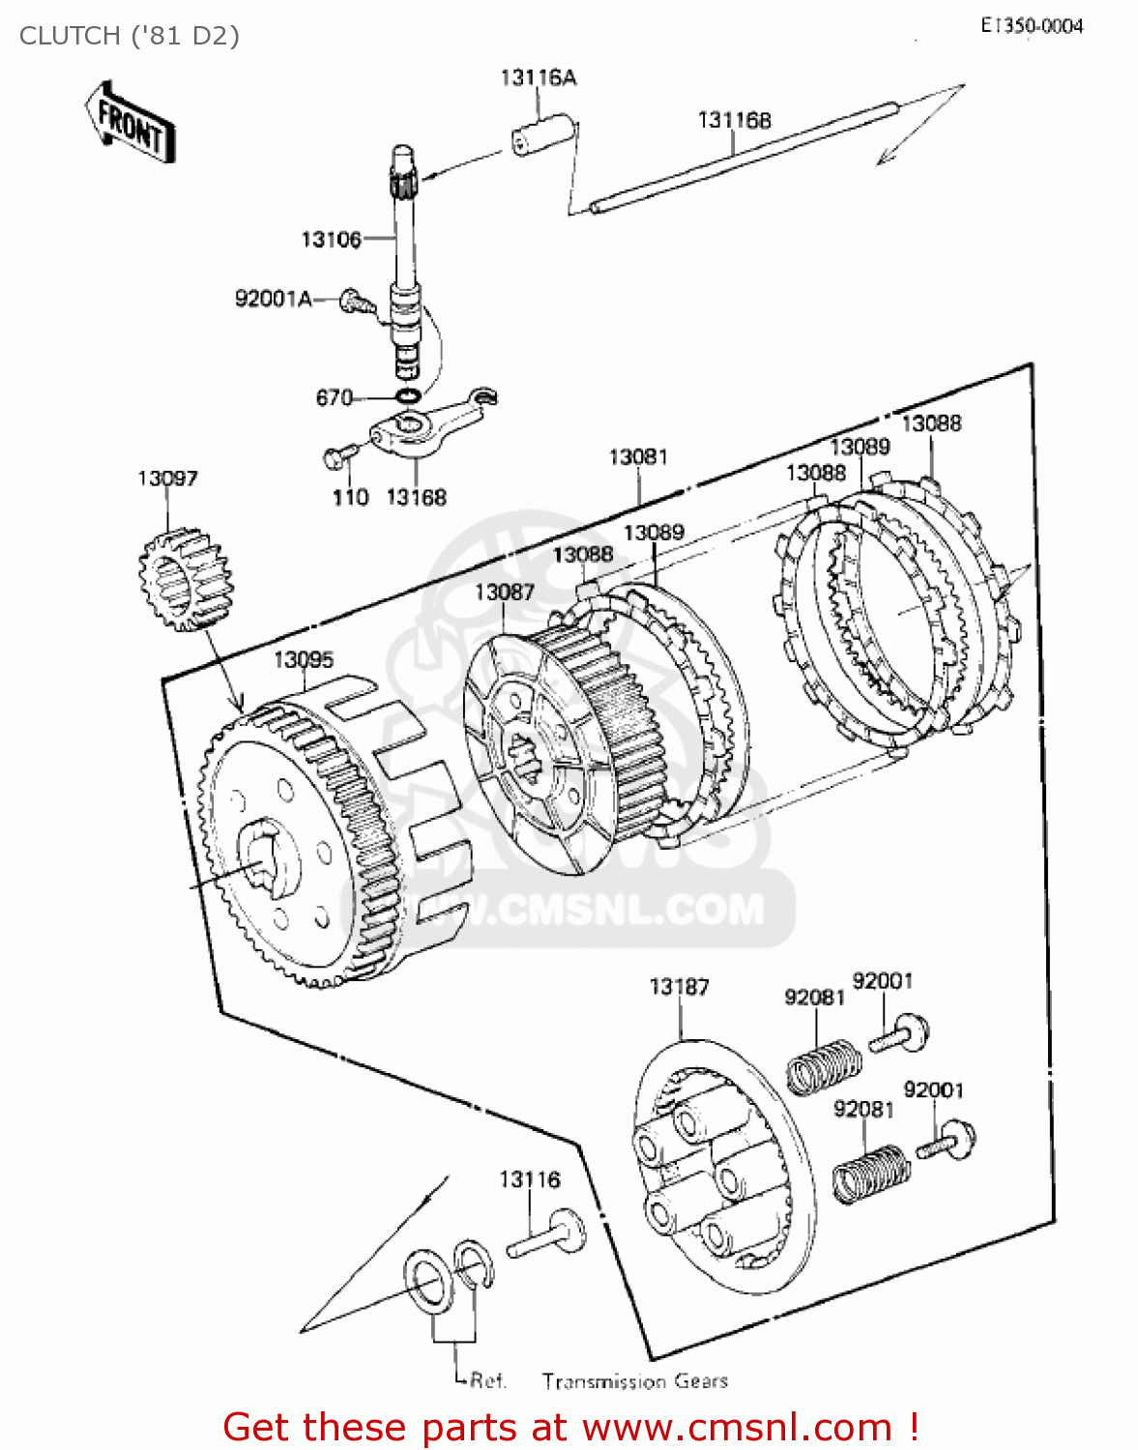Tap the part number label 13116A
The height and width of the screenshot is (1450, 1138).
pyautogui.click(x=538, y=77)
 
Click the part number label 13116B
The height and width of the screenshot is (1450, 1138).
pyautogui.click(x=734, y=120)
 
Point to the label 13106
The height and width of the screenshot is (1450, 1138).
pyautogui.click(x=331, y=239)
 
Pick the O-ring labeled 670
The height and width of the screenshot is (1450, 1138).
pyautogui.click(x=407, y=396)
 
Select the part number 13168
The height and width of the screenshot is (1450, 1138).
pyautogui.click(x=416, y=497)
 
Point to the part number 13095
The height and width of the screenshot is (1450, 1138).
pyautogui.click(x=304, y=659)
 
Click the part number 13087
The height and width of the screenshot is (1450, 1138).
pyautogui.click(x=504, y=592)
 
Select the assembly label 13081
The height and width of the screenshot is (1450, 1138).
pyautogui.click(x=638, y=456)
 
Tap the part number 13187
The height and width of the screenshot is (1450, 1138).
pyautogui.click(x=679, y=987)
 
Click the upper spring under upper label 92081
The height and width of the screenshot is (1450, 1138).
pyautogui.click(x=823, y=1066)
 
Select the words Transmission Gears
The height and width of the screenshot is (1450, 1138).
pyautogui.click(x=634, y=1380)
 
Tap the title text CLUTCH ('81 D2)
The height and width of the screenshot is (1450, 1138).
pyautogui.click(x=130, y=36)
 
